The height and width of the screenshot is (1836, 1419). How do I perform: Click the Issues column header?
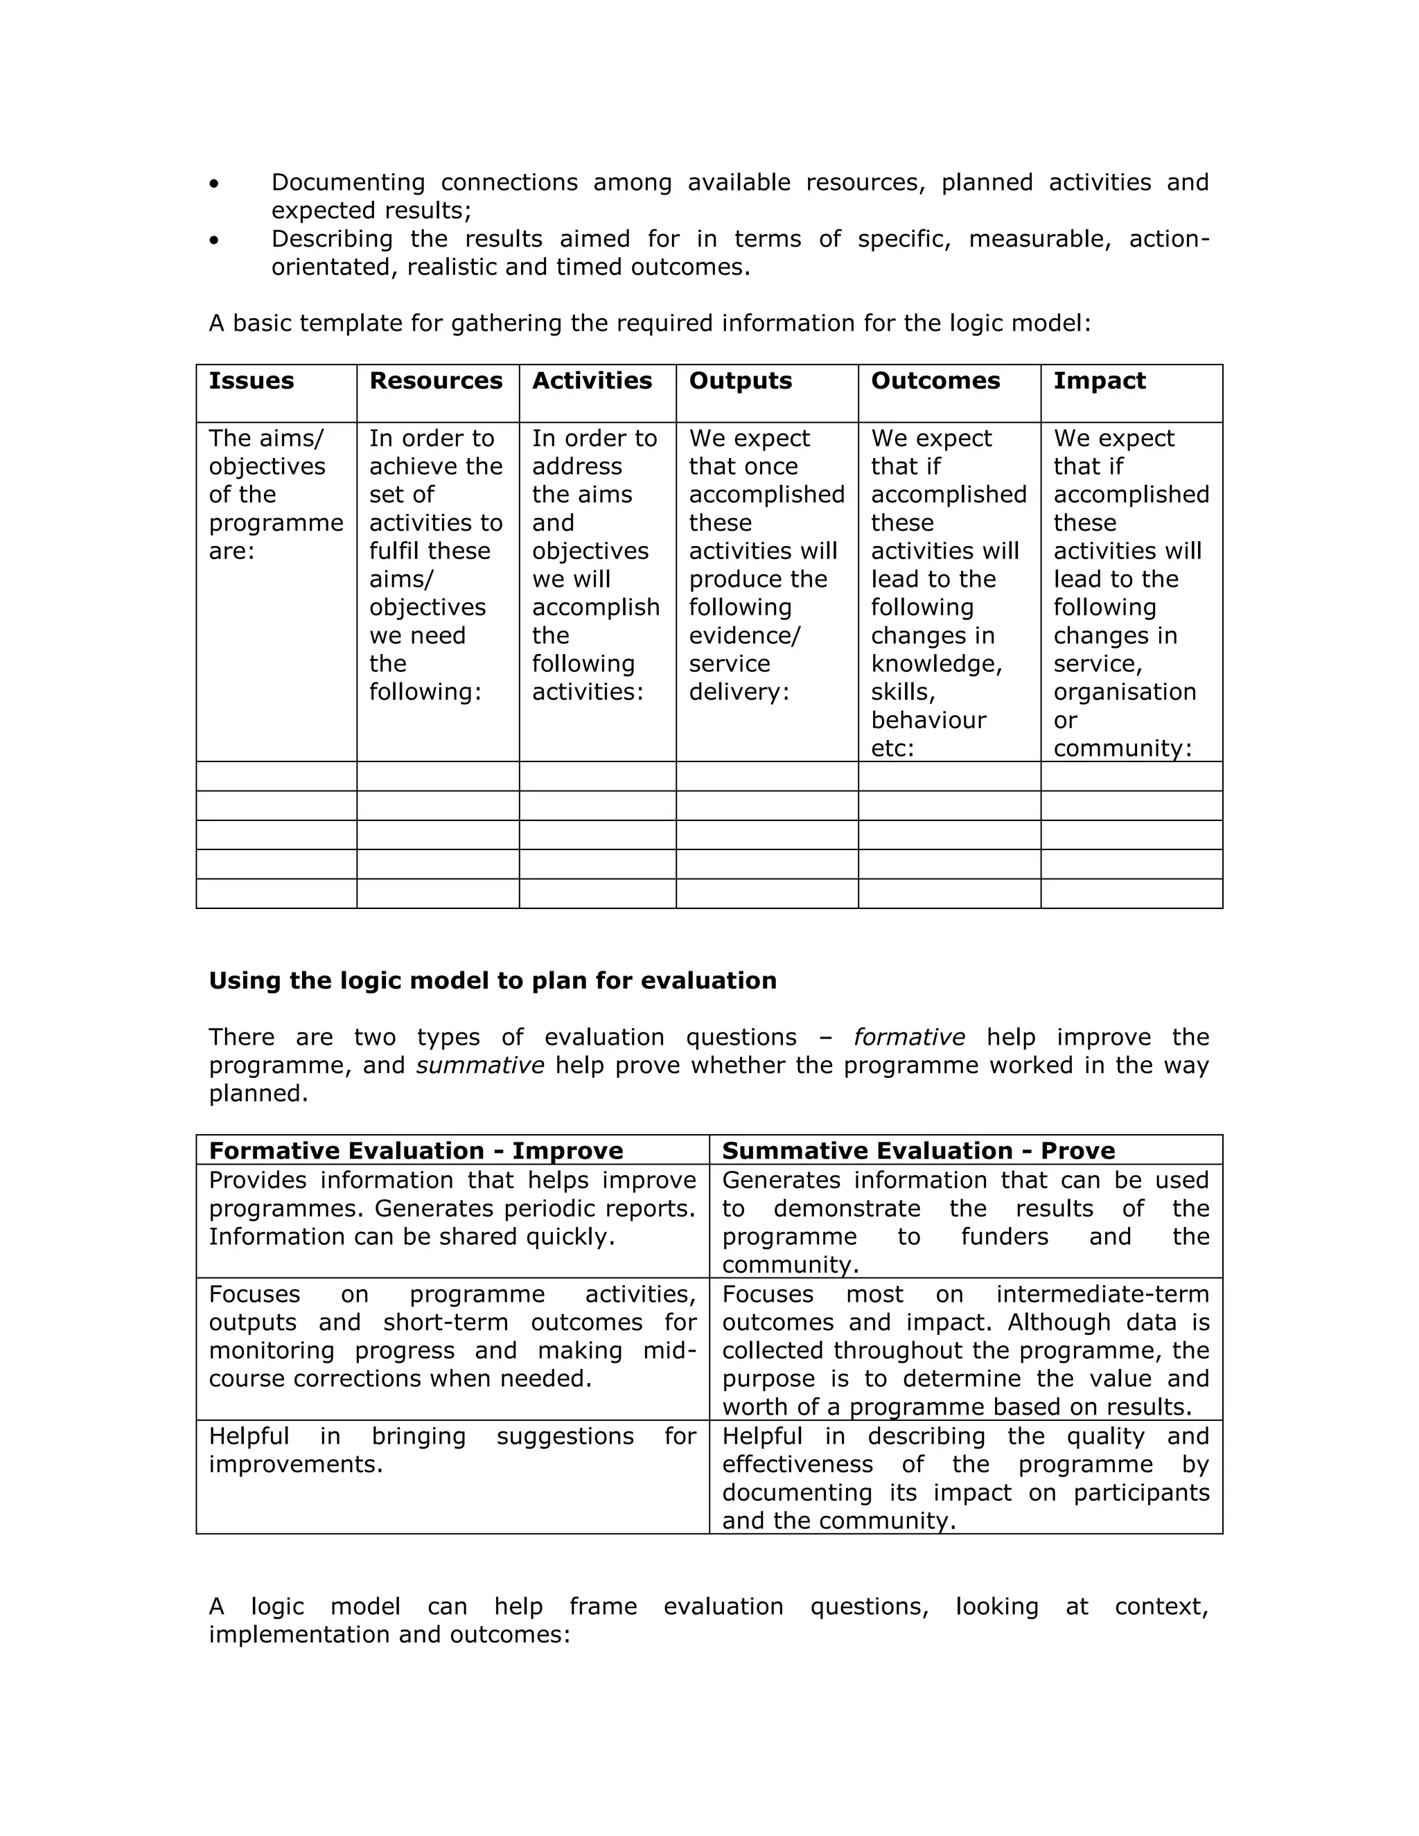(252, 381)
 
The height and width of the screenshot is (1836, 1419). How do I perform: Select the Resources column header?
(435, 381)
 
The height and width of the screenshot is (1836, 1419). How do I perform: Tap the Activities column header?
(592, 381)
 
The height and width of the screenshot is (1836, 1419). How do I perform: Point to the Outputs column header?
(741, 381)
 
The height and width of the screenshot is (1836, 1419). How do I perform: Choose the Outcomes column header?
(935, 381)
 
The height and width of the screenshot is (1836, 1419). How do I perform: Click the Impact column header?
(1100, 381)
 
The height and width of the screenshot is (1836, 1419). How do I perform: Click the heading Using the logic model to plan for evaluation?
(493, 980)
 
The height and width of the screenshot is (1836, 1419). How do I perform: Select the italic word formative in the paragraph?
(909, 1037)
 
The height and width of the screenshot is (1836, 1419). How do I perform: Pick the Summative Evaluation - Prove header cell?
(918, 1150)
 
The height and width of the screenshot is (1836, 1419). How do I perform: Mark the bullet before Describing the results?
(215, 240)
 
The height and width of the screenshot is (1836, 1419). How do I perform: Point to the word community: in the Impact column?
(1122, 748)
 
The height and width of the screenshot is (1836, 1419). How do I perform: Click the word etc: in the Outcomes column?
(892, 748)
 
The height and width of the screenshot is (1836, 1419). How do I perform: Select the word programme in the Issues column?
(276, 523)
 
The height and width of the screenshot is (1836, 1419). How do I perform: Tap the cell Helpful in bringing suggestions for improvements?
(452, 1450)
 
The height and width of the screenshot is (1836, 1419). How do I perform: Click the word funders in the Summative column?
(1005, 1237)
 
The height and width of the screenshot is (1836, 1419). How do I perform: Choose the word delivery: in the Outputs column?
(739, 692)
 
